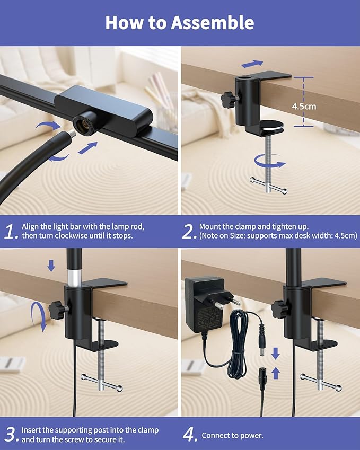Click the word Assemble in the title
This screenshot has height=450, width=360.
(x=213, y=23)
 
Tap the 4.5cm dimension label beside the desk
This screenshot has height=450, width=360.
(x=304, y=107)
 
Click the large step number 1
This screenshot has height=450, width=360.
(x=11, y=231)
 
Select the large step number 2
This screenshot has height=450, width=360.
(x=189, y=231)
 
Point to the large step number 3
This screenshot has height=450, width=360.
(x=12, y=434)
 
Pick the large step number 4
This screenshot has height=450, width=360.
(x=190, y=435)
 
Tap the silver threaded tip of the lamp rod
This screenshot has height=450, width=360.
(x=71, y=134)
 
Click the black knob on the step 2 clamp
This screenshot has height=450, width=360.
(x=229, y=99)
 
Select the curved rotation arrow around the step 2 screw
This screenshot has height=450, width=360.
(x=270, y=164)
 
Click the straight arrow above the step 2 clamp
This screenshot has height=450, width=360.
(x=252, y=64)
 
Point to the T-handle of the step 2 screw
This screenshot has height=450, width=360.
(x=268, y=186)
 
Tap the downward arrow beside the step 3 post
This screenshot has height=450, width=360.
(x=51, y=266)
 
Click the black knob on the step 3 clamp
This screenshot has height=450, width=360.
(x=57, y=310)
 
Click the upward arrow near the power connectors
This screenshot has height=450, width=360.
(x=276, y=373)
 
